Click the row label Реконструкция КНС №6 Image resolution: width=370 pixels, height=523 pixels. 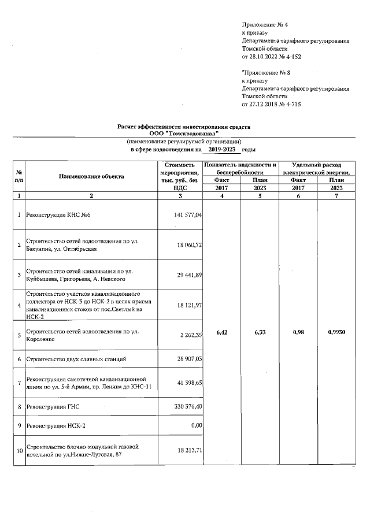click(x=58, y=215)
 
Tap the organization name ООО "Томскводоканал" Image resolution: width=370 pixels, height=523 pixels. click(x=184, y=133)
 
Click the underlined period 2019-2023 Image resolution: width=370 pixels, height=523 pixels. click(x=223, y=149)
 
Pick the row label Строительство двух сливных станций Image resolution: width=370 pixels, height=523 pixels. click(x=76, y=359)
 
